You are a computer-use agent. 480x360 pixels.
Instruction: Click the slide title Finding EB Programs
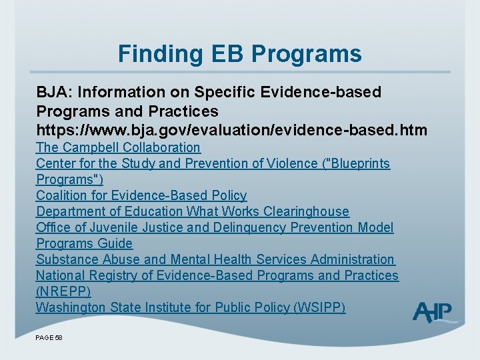click(239, 53)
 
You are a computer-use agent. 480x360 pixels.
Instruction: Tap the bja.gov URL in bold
click(231, 129)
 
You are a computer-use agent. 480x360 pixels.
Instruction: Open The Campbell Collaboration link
click(118, 147)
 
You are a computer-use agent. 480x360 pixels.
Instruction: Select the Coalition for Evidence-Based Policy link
click(141, 195)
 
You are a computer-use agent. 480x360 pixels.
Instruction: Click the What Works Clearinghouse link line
click(193, 211)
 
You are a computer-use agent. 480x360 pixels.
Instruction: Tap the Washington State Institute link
click(190, 307)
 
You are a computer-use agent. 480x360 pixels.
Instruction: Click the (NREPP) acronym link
click(63, 291)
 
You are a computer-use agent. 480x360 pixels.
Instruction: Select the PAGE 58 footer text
click(49, 338)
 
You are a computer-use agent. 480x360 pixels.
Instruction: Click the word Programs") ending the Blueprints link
click(69, 179)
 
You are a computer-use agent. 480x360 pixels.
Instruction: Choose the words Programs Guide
click(84, 243)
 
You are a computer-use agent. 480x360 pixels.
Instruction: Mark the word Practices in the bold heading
click(185, 111)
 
